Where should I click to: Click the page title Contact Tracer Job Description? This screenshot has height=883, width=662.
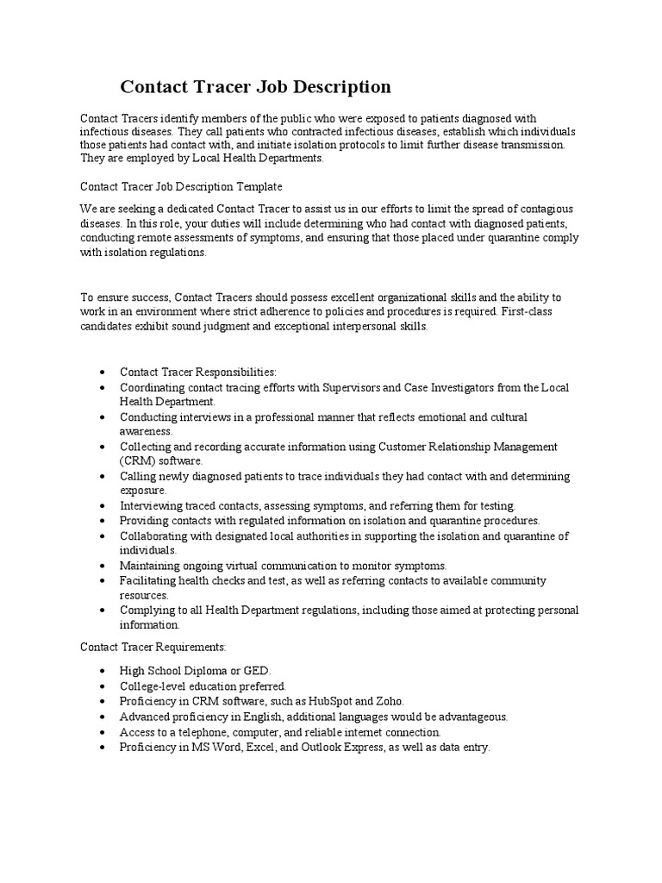(x=255, y=87)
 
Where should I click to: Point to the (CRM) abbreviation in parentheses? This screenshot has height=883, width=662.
(x=139, y=460)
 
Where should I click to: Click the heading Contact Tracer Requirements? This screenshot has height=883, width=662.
(x=153, y=646)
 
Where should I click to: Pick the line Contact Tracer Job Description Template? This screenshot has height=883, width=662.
(x=181, y=186)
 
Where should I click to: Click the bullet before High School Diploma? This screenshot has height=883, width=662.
(x=103, y=671)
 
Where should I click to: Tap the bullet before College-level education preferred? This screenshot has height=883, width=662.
(x=103, y=686)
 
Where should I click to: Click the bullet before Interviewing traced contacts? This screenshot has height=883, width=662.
(x=103, y=506)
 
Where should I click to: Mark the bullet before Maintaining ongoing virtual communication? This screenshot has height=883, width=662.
(x=103, y=567)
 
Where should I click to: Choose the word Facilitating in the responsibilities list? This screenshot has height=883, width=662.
(x=147, y=581)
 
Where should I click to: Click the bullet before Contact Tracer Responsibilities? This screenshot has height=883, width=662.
(x=103, y=373)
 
